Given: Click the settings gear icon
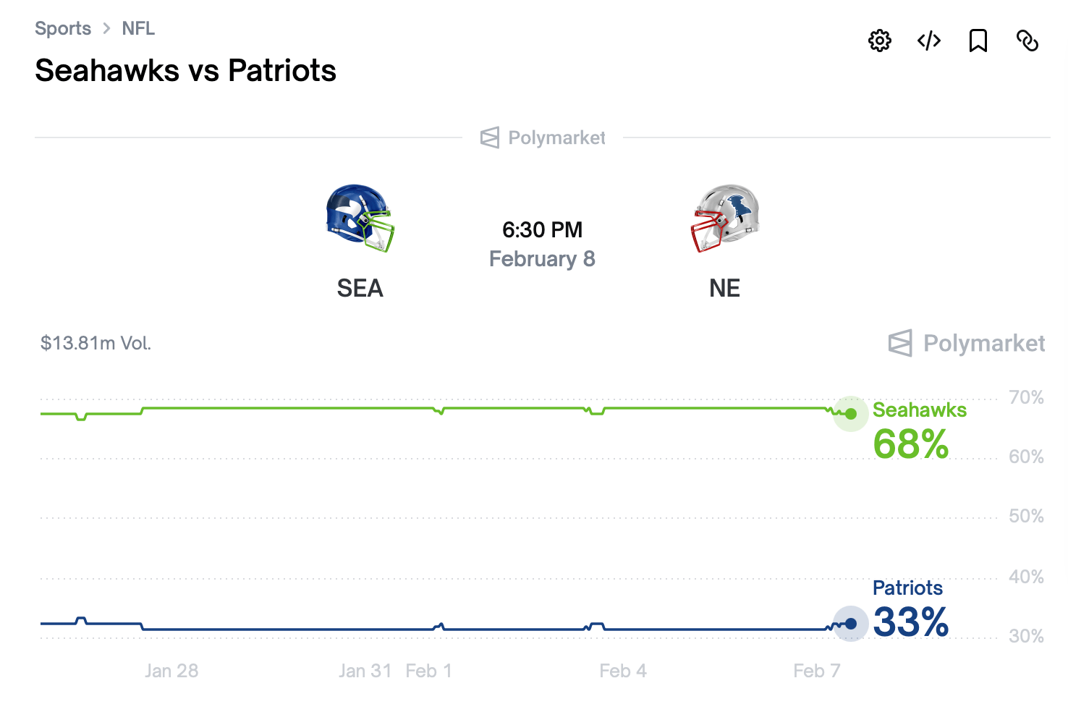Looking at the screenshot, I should coord(879,41).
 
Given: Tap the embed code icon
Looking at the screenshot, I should coord(929,41).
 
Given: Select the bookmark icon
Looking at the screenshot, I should coord(978,41).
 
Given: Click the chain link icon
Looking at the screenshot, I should coord(1027,41).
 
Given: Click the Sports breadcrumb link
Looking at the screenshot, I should coord(63,28).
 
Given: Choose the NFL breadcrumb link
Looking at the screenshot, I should coord(138,28).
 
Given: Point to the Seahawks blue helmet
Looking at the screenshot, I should coord(360,218).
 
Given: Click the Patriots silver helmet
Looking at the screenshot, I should coord(725,218).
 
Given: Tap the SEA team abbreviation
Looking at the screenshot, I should coord(360,288).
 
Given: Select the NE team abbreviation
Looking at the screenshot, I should coord(724,288).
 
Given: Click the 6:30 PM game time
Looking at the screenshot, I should coord(542,229).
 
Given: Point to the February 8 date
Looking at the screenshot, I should coord(542,259).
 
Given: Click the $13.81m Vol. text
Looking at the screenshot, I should coord(96,343).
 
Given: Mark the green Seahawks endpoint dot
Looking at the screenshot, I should coord(851,414).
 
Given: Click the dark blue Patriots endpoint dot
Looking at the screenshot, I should coord(851,623).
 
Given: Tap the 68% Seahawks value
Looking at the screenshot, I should coord(910,444).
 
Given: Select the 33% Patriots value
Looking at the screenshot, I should coord(910,622).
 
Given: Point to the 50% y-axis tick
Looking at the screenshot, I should coord(1026,516).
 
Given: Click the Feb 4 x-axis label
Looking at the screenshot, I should coord(623,671).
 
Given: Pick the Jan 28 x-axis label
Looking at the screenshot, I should coord(171,671).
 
